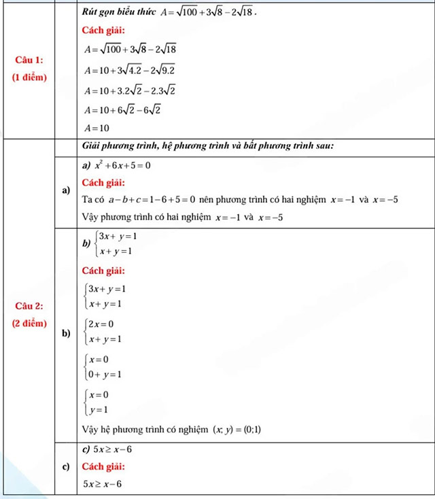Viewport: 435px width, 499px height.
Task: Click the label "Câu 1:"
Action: (29, 60)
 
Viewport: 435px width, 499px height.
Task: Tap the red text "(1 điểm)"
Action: (29, 77)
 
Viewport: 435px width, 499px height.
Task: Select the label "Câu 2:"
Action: (29, 305)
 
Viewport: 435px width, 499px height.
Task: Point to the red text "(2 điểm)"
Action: (29, 322)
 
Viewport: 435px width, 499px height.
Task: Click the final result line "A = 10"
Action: (96, 127)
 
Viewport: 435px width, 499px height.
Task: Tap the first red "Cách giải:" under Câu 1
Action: (103, 31)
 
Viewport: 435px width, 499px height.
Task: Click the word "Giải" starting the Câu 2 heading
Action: (90, 145)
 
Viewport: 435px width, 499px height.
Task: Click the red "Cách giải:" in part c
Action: (103, 467)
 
